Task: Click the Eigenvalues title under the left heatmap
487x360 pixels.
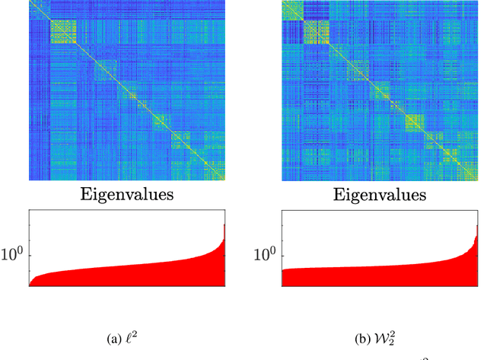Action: pyautogui.click(x=126, y=195)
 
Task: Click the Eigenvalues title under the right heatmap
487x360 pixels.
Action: pyautogui.click(x=380, y=195)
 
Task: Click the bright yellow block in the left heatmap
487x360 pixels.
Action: pyautogui.click(x=64, y=34)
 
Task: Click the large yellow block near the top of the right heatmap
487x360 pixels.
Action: pyautogui.click(x=316, y=32)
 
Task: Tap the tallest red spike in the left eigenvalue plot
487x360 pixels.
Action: pyautogui.click(x=224, y=228)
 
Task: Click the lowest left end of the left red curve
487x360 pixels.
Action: pyautogui.click(x=30, y=285)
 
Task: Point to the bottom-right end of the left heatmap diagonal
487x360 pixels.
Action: pyautogui.click(x=224, y=180)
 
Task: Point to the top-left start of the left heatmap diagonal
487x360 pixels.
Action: pyautogui.click(x=30, y=2)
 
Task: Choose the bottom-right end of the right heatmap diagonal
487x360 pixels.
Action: pyautogui.click(x=476, y=180)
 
